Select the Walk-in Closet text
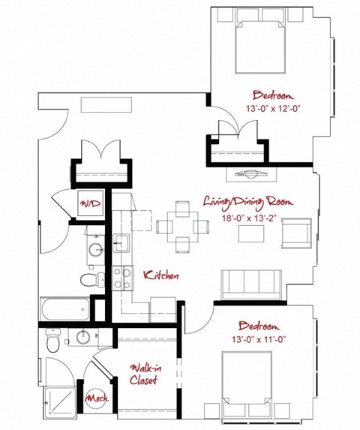coord(143,374)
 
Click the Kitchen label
coord(161,275)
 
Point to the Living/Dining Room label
coord(247,201)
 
